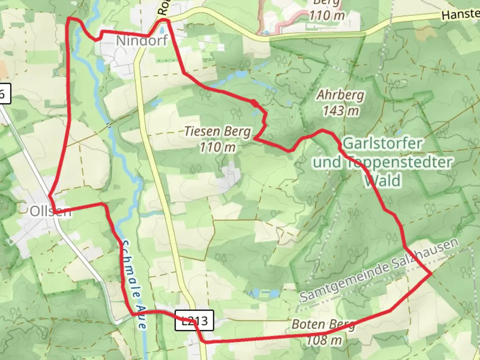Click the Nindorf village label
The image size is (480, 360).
click(142, 41)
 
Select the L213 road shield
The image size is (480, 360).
click(194, 321)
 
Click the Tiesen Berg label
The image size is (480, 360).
click(217, 131)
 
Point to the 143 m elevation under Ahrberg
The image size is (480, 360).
click(341, 111)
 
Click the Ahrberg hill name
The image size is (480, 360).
click(340, 95)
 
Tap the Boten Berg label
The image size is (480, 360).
click(323, 325)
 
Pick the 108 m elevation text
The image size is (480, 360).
click(324, 340)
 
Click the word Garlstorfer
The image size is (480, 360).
click(382, 144)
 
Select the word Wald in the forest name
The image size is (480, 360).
click(382, 181)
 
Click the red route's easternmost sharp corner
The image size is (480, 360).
click(431, 273)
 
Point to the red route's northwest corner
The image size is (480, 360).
click(69, 18)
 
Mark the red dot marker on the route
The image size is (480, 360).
click(254, 102)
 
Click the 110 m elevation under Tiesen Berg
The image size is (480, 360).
click(218, 147)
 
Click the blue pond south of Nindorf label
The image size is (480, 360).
click(100, 63)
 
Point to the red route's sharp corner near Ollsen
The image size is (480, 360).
click(49, 196)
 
